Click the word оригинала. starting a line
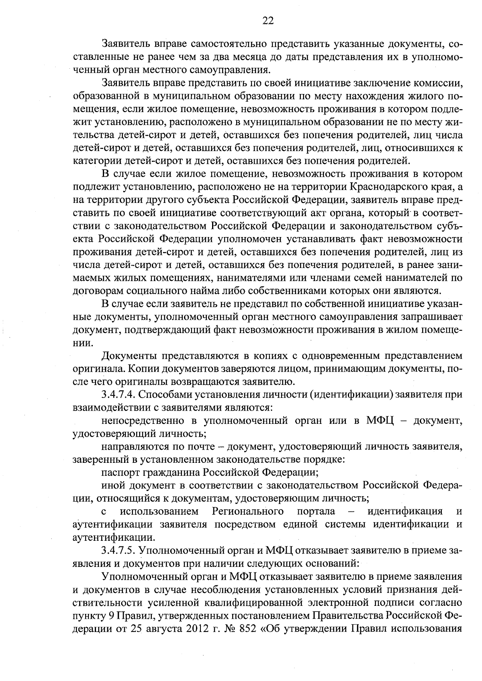coord(96,369)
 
